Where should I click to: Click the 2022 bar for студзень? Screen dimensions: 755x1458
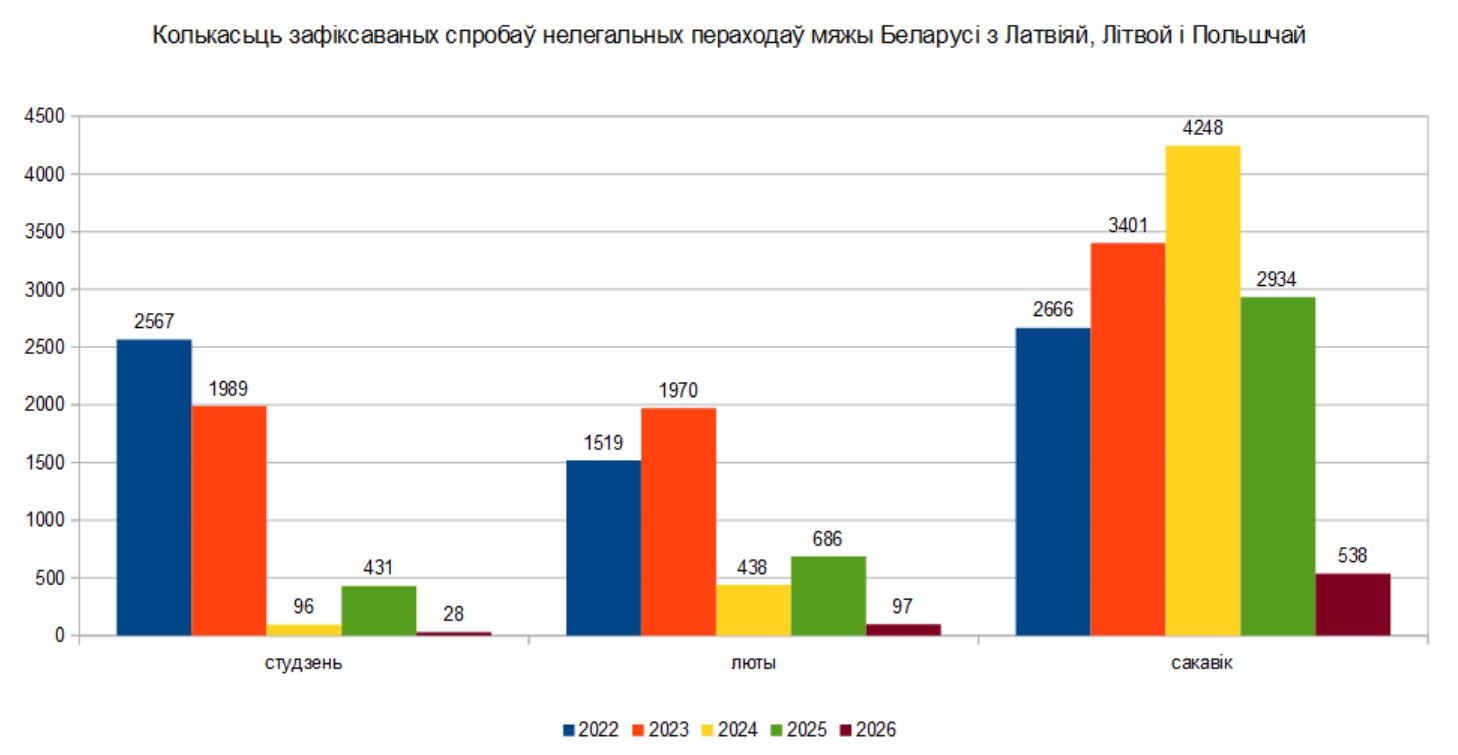[154, 487]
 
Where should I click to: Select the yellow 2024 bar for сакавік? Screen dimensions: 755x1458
[1202, 390]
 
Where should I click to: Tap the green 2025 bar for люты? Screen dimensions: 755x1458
[828, 596]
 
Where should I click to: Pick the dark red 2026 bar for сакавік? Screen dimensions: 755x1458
[1352, 604]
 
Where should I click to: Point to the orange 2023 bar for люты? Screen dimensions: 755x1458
[678, 521]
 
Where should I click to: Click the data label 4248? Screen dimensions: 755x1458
[1202, 129]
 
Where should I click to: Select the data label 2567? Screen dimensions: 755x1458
[154, 322]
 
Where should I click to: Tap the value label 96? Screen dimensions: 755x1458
[304, 607]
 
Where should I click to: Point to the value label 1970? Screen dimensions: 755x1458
[678, 391]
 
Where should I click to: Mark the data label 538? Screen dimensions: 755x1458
[1352, 556]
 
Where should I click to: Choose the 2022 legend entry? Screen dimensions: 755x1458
[590, 730]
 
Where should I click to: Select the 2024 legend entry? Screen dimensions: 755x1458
[729, 730]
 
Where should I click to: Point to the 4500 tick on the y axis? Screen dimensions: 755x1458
[44, 117]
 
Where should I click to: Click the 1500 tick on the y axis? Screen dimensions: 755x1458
[44, 463]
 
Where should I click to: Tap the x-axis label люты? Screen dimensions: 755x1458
[752, 663]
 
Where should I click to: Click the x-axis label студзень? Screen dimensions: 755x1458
[304, 663]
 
